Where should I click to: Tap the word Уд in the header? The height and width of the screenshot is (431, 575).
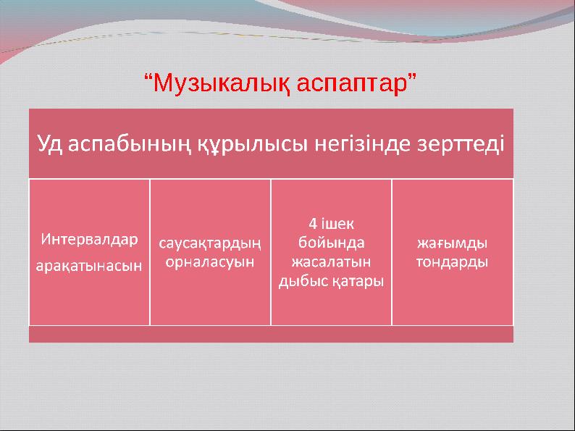click(x=51, y=143)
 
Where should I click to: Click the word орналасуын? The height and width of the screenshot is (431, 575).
click(x=210, y=261)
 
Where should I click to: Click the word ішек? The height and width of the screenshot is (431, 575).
click(x=339, y=223)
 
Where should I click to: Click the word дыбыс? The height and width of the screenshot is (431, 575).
click(x=299, y=280)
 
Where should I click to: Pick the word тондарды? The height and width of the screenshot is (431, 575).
click(x=452, y=261)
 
